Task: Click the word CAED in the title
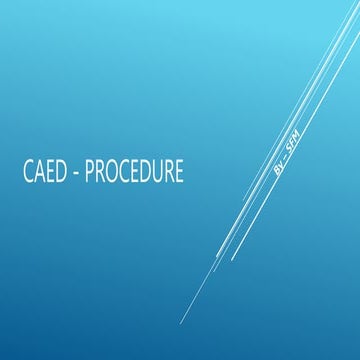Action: pos(43,172)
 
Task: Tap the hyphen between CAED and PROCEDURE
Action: pos(76,173)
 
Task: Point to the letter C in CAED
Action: pos(27,172)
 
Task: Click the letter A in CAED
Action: pos(38,172)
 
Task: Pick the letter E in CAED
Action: pos(49,172)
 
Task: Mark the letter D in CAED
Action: pos(60,172)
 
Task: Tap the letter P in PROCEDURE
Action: pos(90,172)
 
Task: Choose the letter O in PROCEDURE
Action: pos(113,172)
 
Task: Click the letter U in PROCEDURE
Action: pos(157,172)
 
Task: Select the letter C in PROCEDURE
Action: pos(125,172)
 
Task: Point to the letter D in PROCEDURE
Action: pos(146,172)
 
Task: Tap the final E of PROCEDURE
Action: pos(178,172)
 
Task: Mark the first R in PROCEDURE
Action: pos(101,172)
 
